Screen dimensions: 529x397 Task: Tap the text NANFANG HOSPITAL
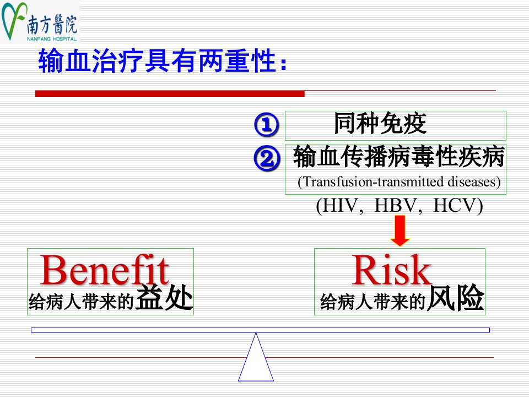click(52, 39)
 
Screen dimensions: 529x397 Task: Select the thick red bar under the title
click(170, 94)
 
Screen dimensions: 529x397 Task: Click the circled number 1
click(267, 125)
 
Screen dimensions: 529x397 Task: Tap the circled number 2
click(267, 158)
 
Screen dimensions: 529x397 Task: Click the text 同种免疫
click(380, 124)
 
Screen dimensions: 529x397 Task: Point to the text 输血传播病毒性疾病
click(399, 156)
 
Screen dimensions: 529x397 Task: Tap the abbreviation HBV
click(396, 205)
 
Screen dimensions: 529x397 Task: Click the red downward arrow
click(400, 231)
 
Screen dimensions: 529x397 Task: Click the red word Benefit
click(104, 270)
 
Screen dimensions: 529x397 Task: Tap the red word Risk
click(391, 270)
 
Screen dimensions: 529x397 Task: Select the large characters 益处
click(164, 297)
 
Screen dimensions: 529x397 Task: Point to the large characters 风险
click(456, 297)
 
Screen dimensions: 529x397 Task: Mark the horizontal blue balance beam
click(260, 330)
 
